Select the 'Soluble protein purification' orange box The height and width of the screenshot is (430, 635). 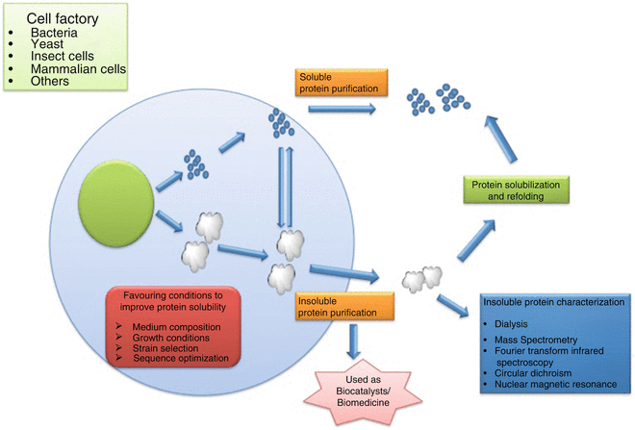click(334, 83)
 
